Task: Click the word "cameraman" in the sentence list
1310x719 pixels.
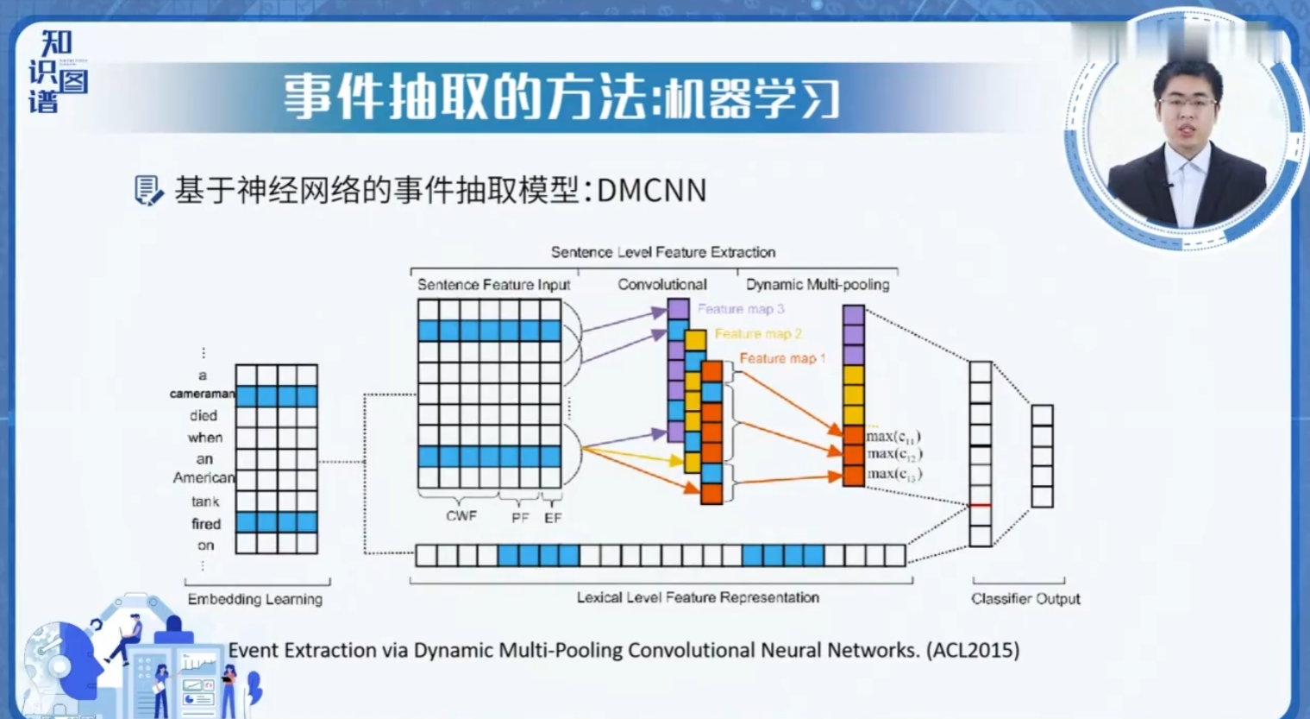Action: pos(202,394)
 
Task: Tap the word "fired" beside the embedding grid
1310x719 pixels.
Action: pos(206,524)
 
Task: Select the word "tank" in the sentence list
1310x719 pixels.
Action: pos(205,501)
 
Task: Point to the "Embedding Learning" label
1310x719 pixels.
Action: pos(255,599)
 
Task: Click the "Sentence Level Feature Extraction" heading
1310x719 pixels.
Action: pos(663,252)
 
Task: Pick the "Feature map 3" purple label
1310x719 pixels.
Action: pos(741,309)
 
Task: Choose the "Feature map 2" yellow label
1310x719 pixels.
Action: pos(758,333)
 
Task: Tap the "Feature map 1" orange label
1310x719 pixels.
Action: pos(782,358)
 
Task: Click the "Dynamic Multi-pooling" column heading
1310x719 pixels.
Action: pos(818,284)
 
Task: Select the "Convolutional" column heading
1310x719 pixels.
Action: pos(662,284)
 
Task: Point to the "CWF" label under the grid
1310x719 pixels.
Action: pos(461,516)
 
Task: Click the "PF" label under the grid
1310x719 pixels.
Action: pos(520,518)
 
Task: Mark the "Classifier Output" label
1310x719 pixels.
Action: pos(1025,599)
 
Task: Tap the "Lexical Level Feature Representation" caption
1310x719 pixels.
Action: pos(698,597)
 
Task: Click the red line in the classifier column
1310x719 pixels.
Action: pos(981,505)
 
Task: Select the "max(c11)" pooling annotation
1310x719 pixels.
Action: pos(893,436)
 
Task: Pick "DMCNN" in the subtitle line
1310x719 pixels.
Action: pos(651,190)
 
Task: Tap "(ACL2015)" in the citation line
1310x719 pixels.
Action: pos(973,650)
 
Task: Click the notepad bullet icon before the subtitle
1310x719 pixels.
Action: pos(148,190)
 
